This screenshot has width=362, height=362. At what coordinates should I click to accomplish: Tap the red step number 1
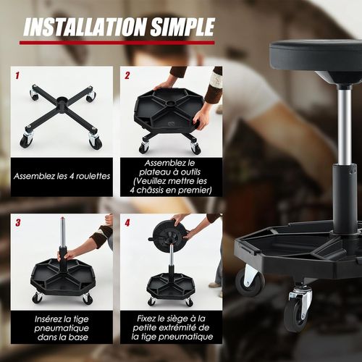pyautogui.click(x=17, y=75)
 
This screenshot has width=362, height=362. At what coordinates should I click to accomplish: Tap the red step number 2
pyautogui.click(x=127, y=75)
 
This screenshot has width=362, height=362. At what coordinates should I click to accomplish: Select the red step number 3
pyautogui.click(x=17, y=222)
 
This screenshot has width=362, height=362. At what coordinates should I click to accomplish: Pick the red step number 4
pyautogui.click(x=127, y=222)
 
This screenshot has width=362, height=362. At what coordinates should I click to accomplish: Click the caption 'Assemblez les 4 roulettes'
pyautogui.click(x=62, y=176)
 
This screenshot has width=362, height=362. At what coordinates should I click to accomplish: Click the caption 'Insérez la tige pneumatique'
pyautogui.click(x=62, y=327)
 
